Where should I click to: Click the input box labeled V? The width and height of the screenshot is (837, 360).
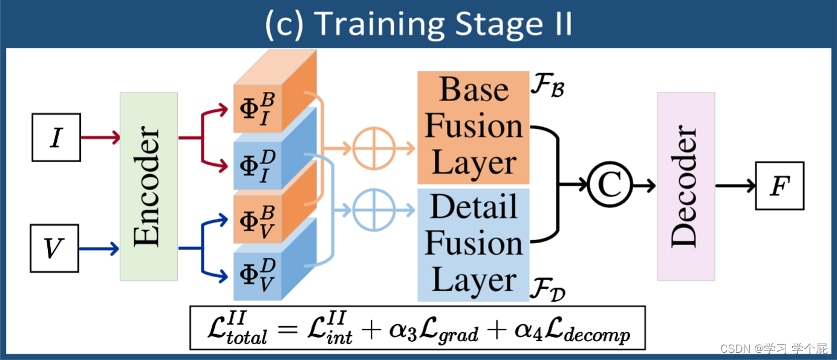coord(54,248)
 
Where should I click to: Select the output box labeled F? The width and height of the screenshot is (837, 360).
coord(780,186)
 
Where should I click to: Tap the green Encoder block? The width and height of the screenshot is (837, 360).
coord(149,186)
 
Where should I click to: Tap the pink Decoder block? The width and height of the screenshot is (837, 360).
coord(686,186)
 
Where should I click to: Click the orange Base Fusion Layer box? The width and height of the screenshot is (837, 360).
coord(473,127)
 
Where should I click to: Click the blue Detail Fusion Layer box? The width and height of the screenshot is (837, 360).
coord(473,244)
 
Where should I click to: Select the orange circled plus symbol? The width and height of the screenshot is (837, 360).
coord(374,148)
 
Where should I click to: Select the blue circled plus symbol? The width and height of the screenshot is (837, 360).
coord(374,210)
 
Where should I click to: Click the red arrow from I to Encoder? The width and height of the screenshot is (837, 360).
coord(100,139)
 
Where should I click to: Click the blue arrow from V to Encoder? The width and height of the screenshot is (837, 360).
coord(99,248)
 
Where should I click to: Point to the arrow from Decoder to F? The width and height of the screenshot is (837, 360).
coord(735,186)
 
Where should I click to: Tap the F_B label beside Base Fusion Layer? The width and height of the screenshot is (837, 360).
coord(548,85)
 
